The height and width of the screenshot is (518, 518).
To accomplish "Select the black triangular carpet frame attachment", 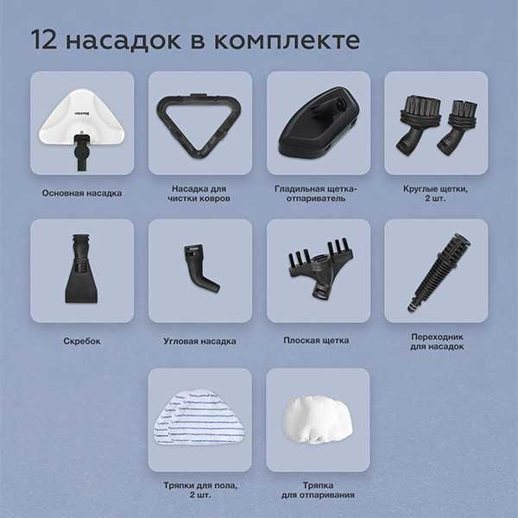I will pos(199,121).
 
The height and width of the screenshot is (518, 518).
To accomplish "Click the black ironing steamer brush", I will pos(317,123).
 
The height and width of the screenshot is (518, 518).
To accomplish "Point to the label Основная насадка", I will pos(82,193).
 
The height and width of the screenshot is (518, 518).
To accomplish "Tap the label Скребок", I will pos(83,341).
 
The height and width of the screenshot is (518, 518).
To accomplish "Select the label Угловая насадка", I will pos(199,341).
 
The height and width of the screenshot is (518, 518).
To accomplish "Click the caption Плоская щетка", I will pos(316,340).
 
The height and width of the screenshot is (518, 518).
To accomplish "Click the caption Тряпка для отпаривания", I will pos(317,490).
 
